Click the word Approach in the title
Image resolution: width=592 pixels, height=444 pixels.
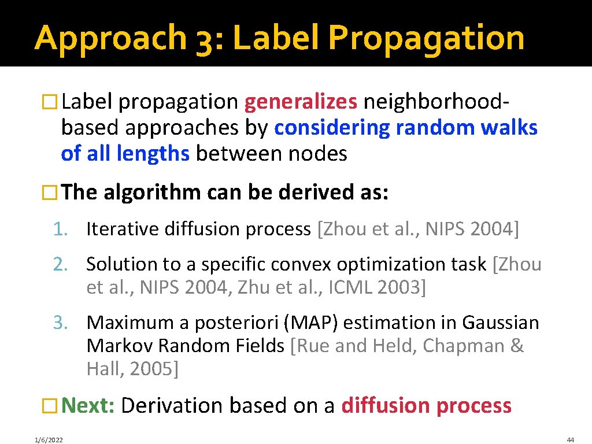(x=109, y=38)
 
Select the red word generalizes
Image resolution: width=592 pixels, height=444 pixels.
(x=301, y=102)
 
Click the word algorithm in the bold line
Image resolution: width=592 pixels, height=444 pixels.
(x=152, y=192)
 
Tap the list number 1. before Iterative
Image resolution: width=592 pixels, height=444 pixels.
(x=61, y=230)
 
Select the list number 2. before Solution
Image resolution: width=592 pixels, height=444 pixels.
(x=61, y=264)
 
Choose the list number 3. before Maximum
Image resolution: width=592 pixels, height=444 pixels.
(x=61, y=323)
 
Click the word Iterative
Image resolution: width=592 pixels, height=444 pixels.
(x=123, y=230)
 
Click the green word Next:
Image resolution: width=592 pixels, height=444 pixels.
(x=88, y=405)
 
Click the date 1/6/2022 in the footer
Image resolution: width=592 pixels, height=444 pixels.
(x=49, y=440)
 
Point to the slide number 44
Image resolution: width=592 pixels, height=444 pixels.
(x=571, y=439)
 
